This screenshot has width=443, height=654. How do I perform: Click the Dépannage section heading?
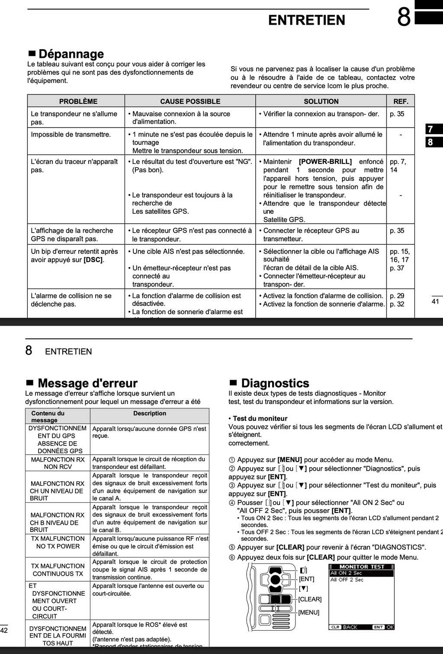click(x=71, y=54)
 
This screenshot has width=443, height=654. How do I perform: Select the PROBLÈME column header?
click(x=78, y=101)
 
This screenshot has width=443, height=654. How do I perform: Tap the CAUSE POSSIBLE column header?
click(x=190, y=101)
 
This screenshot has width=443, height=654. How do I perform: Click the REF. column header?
click(x=401, y=101)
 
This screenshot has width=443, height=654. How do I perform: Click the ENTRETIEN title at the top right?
click(x=307, y=20)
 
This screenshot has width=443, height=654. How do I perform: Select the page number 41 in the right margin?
click(x=435, y=301)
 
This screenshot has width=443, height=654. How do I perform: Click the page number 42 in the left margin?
click(x=4, y=631)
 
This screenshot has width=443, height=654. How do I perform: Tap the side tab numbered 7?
click(x=434, y=129)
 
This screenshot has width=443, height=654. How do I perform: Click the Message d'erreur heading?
click(x=87, y=383)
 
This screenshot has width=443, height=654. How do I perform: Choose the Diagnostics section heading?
click(x=275, y=383)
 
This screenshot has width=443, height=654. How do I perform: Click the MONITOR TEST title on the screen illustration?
click(x=362, y=567)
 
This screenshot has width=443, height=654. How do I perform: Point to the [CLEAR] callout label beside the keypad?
click(x=310, y=599)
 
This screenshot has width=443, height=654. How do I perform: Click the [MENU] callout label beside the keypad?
click(x=309, y=612)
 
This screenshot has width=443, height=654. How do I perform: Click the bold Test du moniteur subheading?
click(x=260, y=418)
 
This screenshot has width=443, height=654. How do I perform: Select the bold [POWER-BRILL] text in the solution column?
click(x=325, y=162)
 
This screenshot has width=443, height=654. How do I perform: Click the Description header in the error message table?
click(x=150, y=414)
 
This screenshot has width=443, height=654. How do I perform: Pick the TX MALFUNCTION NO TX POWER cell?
click(x=58, y=542)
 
